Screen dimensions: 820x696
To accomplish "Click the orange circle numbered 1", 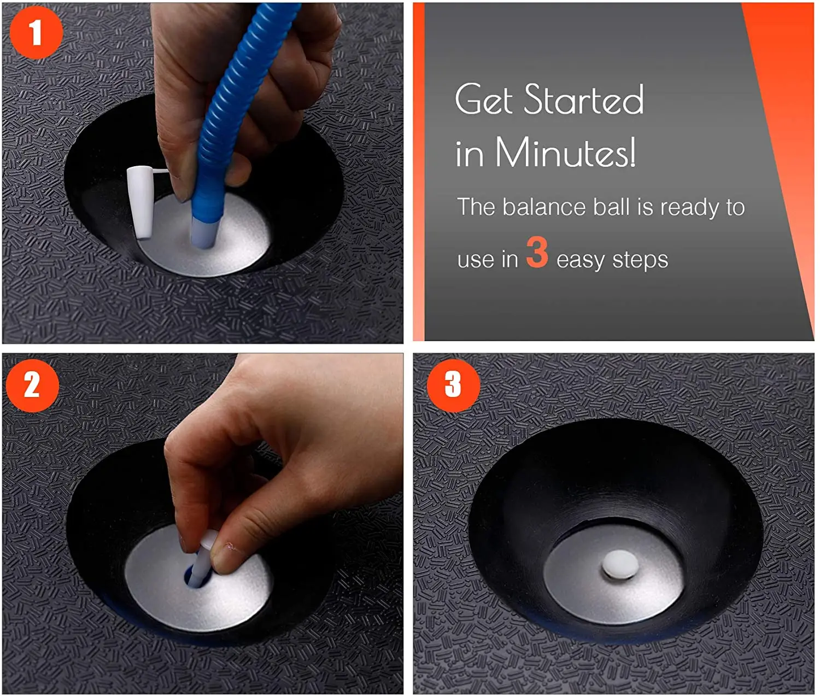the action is pyautogui.click(x=36, y=33).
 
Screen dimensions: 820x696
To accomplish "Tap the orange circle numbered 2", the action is pyautogui.click(x=33, y=385).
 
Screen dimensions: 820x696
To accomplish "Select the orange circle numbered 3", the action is pyautogui.click(x=453, y=384).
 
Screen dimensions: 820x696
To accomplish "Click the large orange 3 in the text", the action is pyautogui.click(x=537, y=252).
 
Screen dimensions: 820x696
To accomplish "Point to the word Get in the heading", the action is pyautogui.click(x=484, y=99).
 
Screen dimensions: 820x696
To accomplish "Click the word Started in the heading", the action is pyautogui.click(x=583, y=99).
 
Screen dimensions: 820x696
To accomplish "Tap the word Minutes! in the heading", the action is pyautogui.click(x=566, y=153).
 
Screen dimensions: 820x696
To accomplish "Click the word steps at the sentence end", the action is pyautogui.click(x=640, y=260).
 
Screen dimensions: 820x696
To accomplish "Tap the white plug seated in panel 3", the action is pyautogui.click(x=620, y=564).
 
